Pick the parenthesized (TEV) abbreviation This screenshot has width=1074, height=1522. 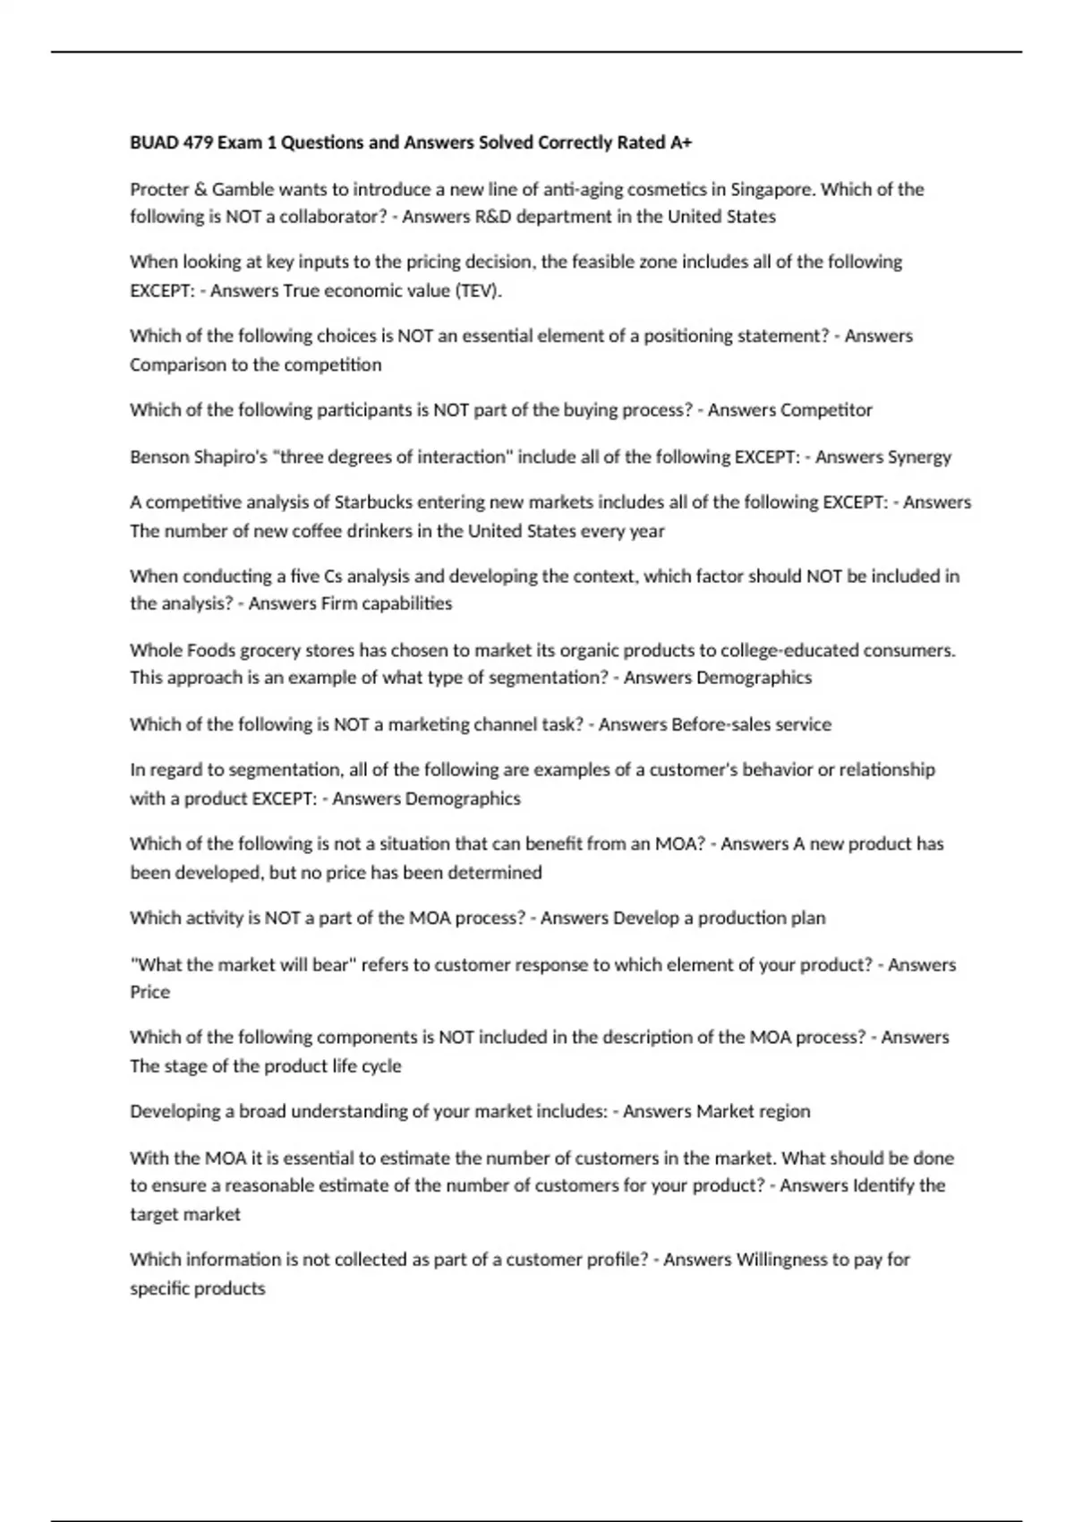click(479, 291)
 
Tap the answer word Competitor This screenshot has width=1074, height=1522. click(826, 410)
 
